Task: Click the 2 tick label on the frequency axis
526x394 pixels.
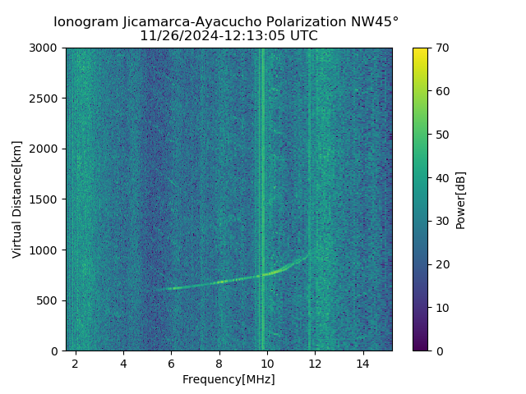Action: point(76,363)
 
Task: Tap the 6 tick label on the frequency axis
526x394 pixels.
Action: point(171,363)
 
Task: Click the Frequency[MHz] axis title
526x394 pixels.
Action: point(228,379)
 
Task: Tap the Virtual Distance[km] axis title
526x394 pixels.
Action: point(17,199)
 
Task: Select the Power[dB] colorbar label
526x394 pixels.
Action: point(461,199)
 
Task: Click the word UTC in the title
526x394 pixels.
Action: point(302,36)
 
